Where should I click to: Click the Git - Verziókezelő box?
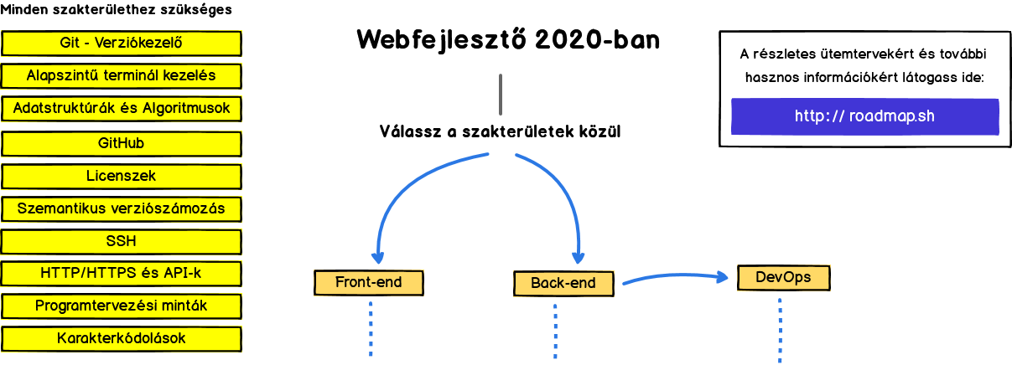122,43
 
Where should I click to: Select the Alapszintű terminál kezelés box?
122,75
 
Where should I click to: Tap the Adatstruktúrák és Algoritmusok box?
122,109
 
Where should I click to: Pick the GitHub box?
122,143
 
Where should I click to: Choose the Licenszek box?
122,176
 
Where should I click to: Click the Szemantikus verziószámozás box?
122,208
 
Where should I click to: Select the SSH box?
122,241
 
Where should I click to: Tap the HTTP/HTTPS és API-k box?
122,273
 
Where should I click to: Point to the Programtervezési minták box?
122,306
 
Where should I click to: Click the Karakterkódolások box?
122,338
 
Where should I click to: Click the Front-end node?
369,283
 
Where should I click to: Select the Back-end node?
563,284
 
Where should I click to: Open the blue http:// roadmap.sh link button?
864,116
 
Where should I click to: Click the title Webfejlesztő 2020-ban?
508,39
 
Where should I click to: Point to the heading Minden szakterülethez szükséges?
116,11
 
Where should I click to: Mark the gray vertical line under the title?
501,95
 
